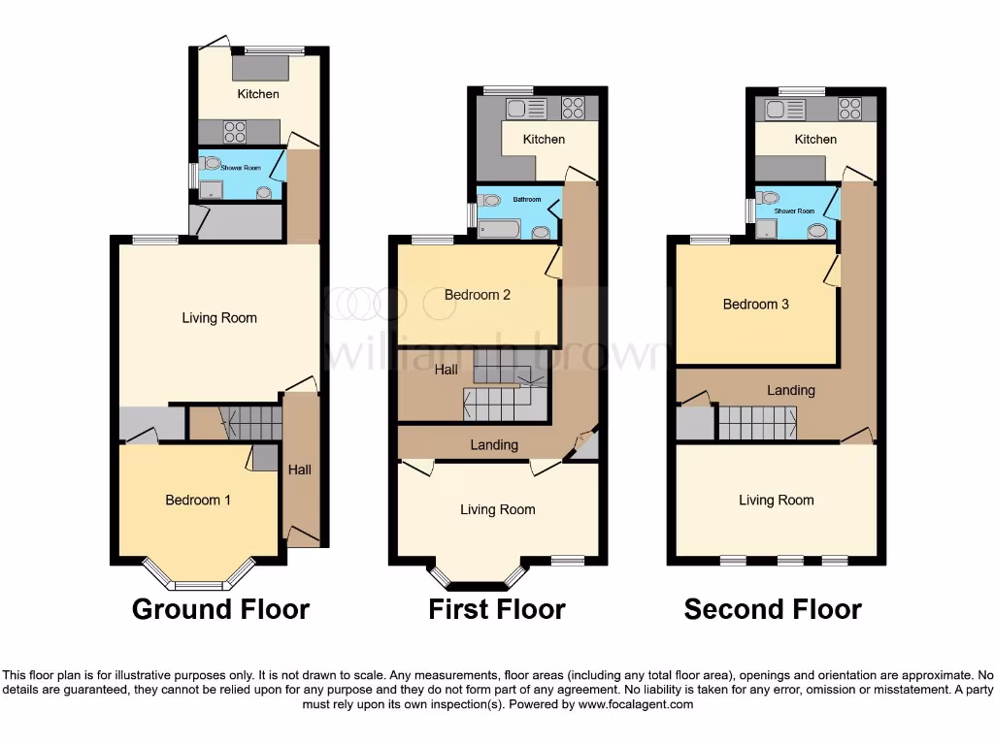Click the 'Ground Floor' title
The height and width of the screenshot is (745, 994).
coord(220,609)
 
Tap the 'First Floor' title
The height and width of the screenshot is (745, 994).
coord(497,609)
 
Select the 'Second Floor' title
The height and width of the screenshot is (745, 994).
coord(773,609)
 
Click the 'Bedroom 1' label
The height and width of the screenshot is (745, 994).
coord(198,500)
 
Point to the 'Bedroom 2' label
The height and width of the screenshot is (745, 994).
coord(478,295)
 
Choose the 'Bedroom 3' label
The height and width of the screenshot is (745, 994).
coord(756,304)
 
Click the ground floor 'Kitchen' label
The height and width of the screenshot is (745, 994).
coord(258,94)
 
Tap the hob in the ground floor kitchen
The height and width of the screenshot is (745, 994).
coord(235,131)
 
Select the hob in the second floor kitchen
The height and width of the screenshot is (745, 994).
coord(850,109)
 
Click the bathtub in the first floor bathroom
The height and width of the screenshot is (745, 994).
coord(500,230)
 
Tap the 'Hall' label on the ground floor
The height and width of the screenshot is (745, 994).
coord(300,470)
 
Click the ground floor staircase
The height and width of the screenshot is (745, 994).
coord(252,424)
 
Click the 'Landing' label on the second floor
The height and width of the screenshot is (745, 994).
coord(791,390)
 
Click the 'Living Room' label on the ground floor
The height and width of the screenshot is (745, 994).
coord(219,317)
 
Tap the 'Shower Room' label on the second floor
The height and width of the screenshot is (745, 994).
coord(795,211)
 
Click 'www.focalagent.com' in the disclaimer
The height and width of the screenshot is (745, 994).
coord(636,704)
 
